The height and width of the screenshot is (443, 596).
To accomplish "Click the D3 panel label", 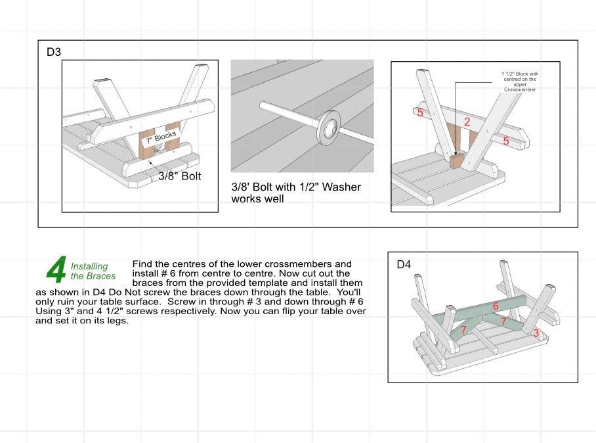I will [53, 51].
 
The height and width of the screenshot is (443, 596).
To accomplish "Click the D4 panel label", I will [404, 265].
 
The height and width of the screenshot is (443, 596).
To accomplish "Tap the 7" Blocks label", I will [160, 137].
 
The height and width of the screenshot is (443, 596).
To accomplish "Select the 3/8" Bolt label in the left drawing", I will [179, 176].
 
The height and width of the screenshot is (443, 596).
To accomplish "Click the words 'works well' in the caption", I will [258, 198].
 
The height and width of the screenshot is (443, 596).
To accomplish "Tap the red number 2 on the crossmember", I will [467, 122].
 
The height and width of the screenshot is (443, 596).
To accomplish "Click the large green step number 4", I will [56, 269].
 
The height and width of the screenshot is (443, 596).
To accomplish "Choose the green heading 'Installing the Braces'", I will [92, 271].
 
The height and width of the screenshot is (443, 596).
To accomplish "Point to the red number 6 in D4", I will [496, 306].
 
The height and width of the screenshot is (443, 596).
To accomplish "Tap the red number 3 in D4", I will [536, 334].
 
